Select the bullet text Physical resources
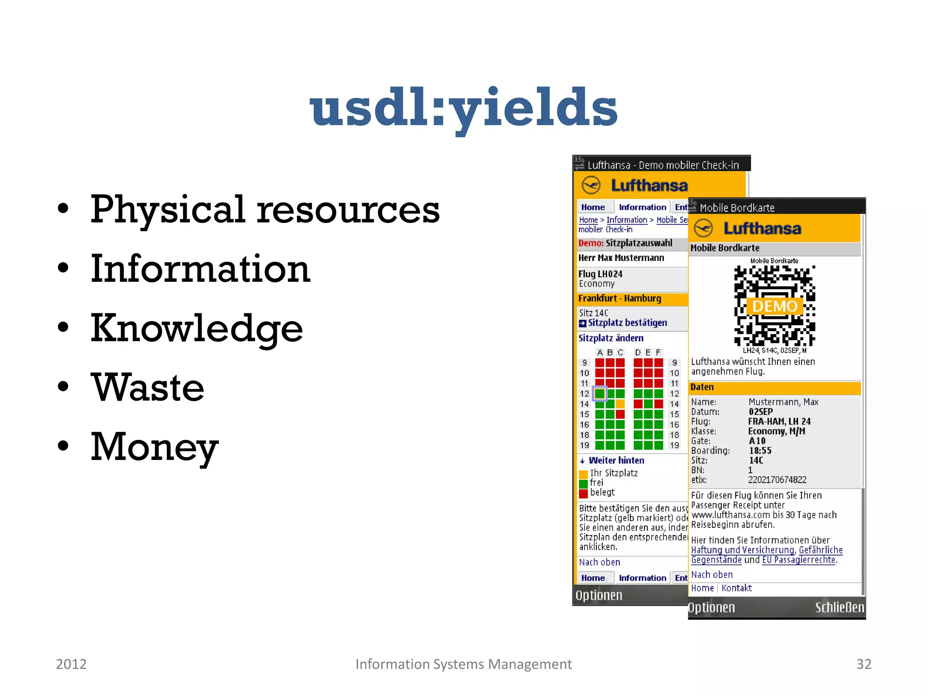(x=265, y=209)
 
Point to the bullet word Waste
(x=148, y=387)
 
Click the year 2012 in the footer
(x=71, y=664)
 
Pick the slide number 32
(x=864, y=664)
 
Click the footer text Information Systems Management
(x=463, y=664)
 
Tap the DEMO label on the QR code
(x=774, y=306)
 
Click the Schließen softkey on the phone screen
(x=839, y=608)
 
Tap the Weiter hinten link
(x=616, y=460)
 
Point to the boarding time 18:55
(x=760, y=451)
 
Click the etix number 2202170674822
(x=777, y=480)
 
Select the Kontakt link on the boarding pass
(x=736, y=588)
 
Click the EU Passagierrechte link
(x=799, y=560)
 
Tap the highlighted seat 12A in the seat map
(x=600, y=393)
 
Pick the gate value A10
(x=757, y=441)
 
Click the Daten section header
(x=702, y=387)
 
